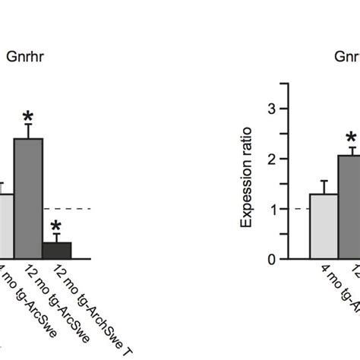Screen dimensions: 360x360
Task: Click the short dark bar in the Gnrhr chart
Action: tap(57, 250)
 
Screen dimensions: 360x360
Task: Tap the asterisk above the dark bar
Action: tap(57, 226)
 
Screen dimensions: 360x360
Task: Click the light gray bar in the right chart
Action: tap(324, 226)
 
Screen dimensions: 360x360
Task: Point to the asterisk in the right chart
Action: tap(351, 138)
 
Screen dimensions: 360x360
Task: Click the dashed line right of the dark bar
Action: tap(81, 208)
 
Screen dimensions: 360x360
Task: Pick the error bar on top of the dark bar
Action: tap(57, 238)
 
